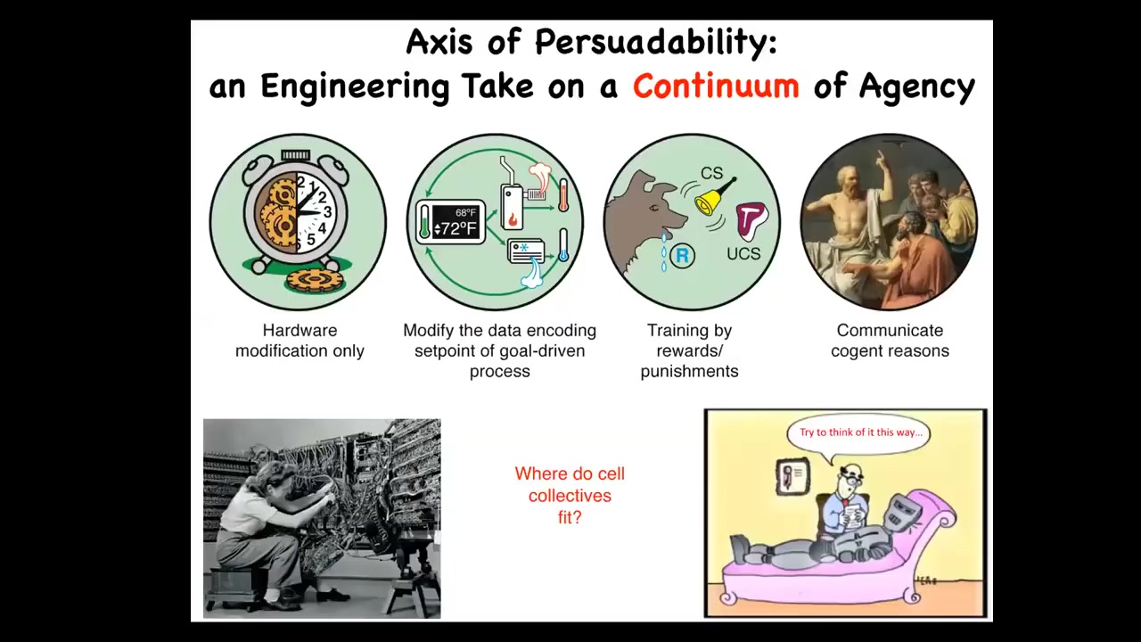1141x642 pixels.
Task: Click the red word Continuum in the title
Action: click(716, 86)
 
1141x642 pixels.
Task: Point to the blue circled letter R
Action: click(682, 255)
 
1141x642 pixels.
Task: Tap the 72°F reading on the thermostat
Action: click(455, 229)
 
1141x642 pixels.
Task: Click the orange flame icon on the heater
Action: click(513, 219)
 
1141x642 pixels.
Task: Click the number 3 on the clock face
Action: click(327, 211)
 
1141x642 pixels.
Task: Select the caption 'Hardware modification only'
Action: click(300, 341)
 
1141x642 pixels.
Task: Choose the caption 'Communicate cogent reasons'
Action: click(890, 341)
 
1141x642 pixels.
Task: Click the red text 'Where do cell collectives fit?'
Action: click(570, 495)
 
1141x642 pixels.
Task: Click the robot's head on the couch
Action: click(901, 513)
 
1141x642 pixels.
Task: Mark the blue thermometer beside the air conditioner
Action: click(563, 245)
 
